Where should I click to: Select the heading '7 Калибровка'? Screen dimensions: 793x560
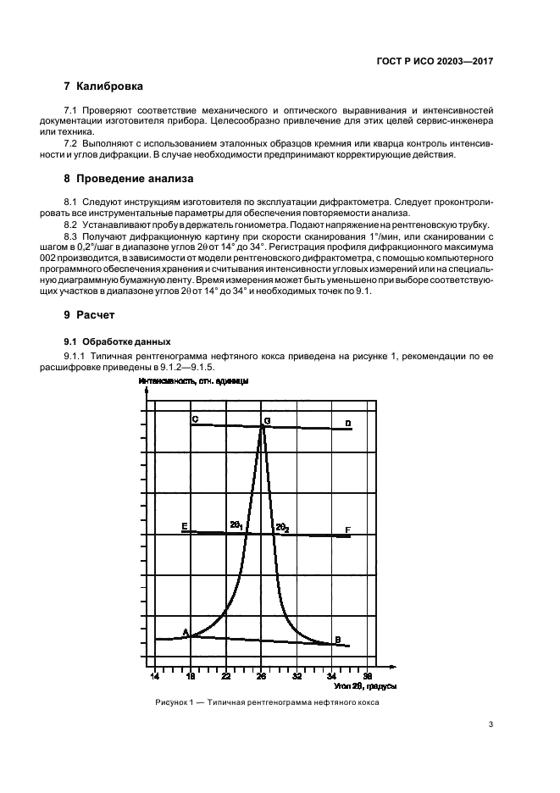pyautogui.click(x=103, y=86)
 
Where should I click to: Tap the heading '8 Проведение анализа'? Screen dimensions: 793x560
pyautogui.click(x=130, y=179)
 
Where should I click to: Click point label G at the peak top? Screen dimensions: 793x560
pyautogui.click(x=267, y=421)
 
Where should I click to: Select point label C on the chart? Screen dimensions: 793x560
pyautogui.click(x=195, y=419)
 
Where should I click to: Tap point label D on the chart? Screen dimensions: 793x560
pyautogui.click(x=347, y=424)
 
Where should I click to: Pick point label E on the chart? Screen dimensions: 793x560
pyautogui.click(x=184, y=527)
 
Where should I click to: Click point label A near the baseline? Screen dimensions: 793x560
pyautogui.click(x=186, y=632)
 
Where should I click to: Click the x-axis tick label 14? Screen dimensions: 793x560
pyautogui.click(x=155, y=677)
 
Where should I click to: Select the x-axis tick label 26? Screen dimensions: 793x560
pyautogui.click(x=262, y=677)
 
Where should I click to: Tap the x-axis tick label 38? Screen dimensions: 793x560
pyautogui.click(x=367, y=677)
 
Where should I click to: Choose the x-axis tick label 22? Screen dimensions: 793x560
pyautogui.click(x=226, y=677)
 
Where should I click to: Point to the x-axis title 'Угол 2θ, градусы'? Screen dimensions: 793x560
pyautogui.click(x=360, y=686)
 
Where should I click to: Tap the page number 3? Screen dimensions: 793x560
pyautogui.click(x=491, y=724)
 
